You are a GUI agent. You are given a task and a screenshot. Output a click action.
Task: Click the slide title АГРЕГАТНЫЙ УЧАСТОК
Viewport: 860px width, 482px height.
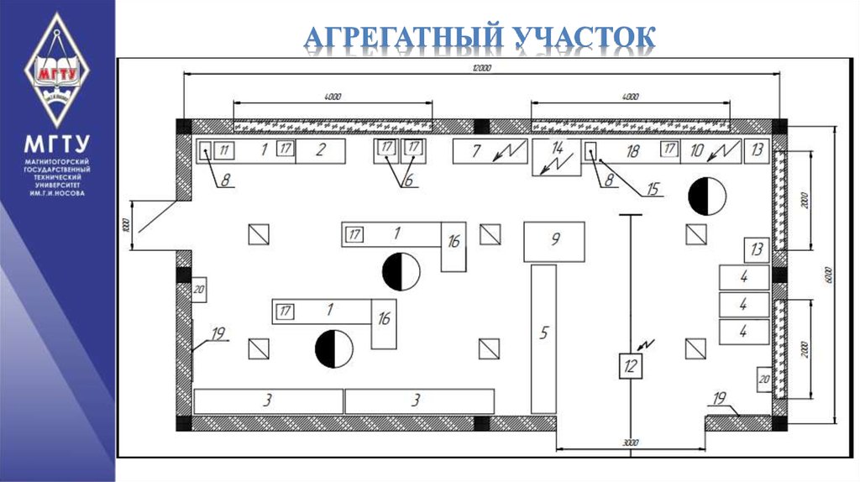(x=479, y=39)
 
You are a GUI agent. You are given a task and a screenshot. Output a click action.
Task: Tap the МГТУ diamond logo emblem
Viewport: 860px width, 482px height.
(x=56, y=70)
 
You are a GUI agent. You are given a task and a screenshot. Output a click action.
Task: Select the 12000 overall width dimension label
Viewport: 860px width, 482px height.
(x=481, y=67)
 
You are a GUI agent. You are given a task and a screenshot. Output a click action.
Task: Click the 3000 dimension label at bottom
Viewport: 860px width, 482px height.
(x=631, y=442)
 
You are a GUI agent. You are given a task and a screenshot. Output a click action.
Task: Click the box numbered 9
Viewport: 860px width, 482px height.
(x=554, y=241)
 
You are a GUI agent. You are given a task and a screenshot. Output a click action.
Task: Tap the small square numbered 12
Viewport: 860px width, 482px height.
(x=630, y=366)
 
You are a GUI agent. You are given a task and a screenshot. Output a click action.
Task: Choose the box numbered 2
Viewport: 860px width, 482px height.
(x=320, y=151)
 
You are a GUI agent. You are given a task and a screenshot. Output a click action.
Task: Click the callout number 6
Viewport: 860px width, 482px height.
(x=408, y=180)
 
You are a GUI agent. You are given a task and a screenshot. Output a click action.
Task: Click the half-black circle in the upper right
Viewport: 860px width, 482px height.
(x=705, y=196)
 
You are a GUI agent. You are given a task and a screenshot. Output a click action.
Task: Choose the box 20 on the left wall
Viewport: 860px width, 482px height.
(x=200, y=291)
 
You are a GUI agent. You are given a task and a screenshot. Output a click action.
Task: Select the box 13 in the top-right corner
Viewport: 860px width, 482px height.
(x=757, y=151)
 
